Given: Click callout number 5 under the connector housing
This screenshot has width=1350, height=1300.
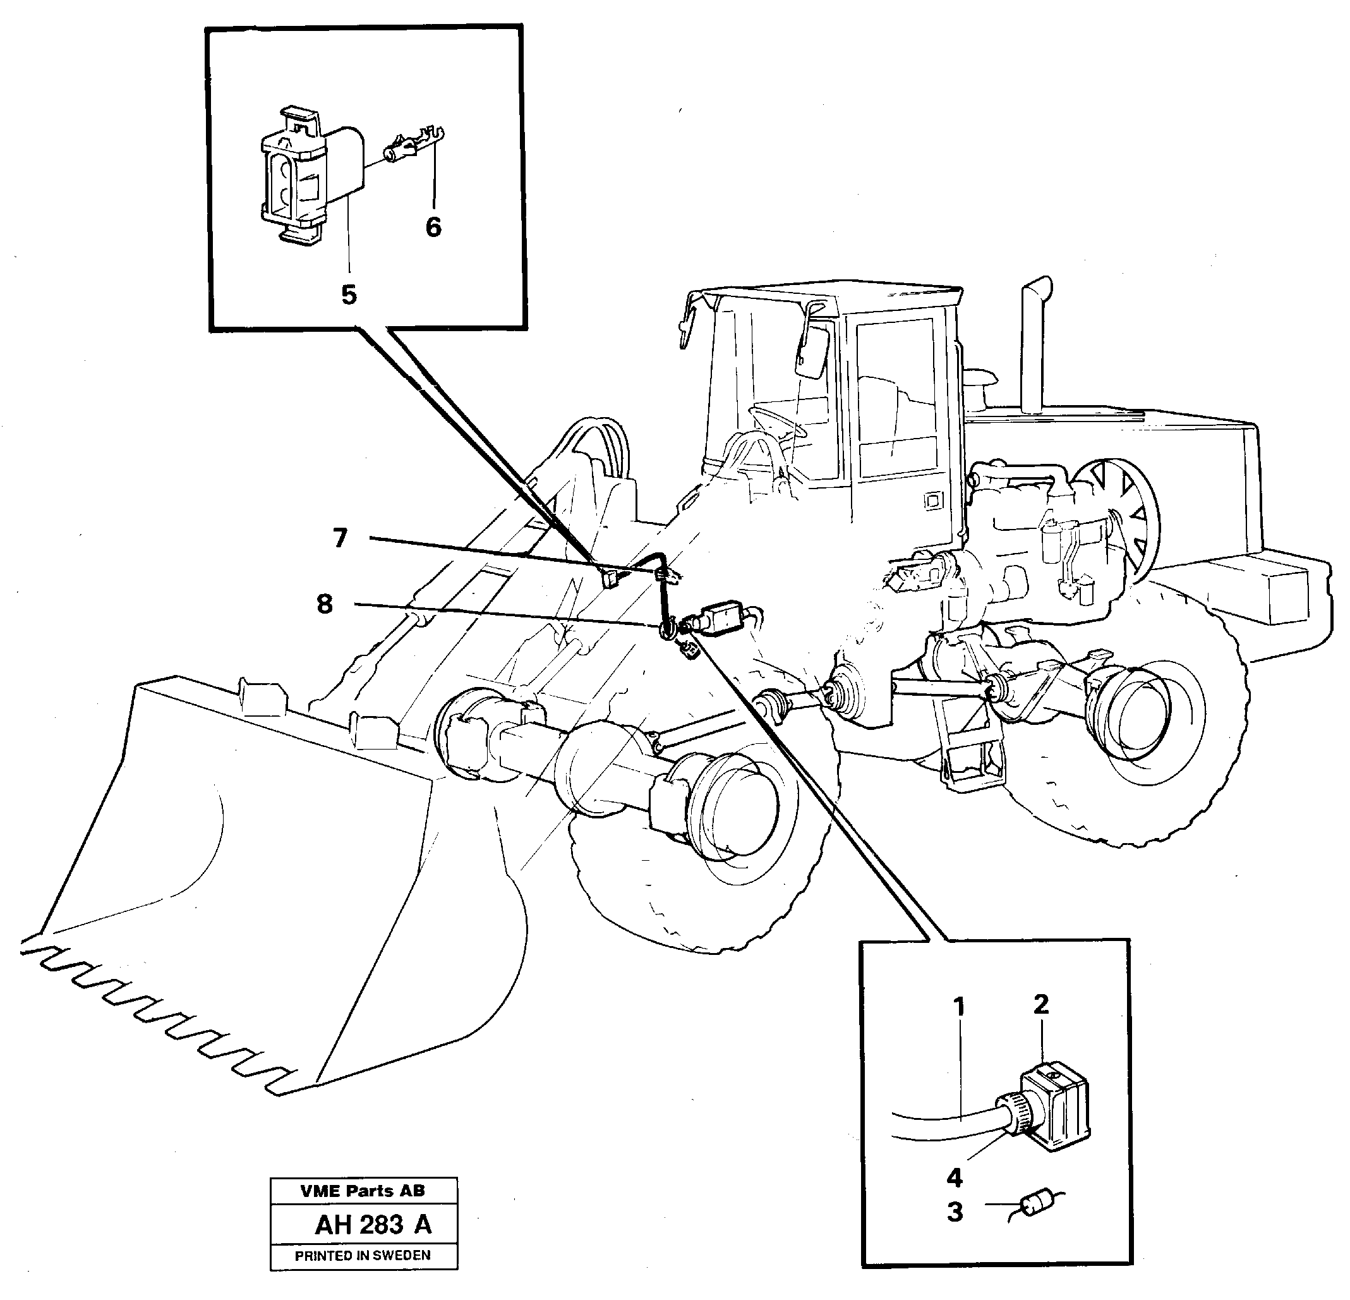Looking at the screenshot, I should [349, 295].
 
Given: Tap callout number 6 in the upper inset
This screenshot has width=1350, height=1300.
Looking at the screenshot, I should [433, 228].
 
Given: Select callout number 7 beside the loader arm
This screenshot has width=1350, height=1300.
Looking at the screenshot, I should [340, 538].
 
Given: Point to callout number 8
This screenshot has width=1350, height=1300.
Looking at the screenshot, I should [325, 604].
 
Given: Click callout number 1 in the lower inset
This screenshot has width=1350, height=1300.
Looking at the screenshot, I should [960, 1007].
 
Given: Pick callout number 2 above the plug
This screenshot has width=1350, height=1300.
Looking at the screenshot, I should [1040, 1004].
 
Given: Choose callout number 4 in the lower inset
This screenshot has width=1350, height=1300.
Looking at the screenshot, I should [955, 1177].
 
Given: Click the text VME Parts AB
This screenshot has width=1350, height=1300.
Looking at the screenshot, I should [363, 1191].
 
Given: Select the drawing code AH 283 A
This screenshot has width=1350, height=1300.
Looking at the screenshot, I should [373, 1224].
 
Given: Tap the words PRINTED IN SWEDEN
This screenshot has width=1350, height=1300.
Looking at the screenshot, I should [363, 1255].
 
